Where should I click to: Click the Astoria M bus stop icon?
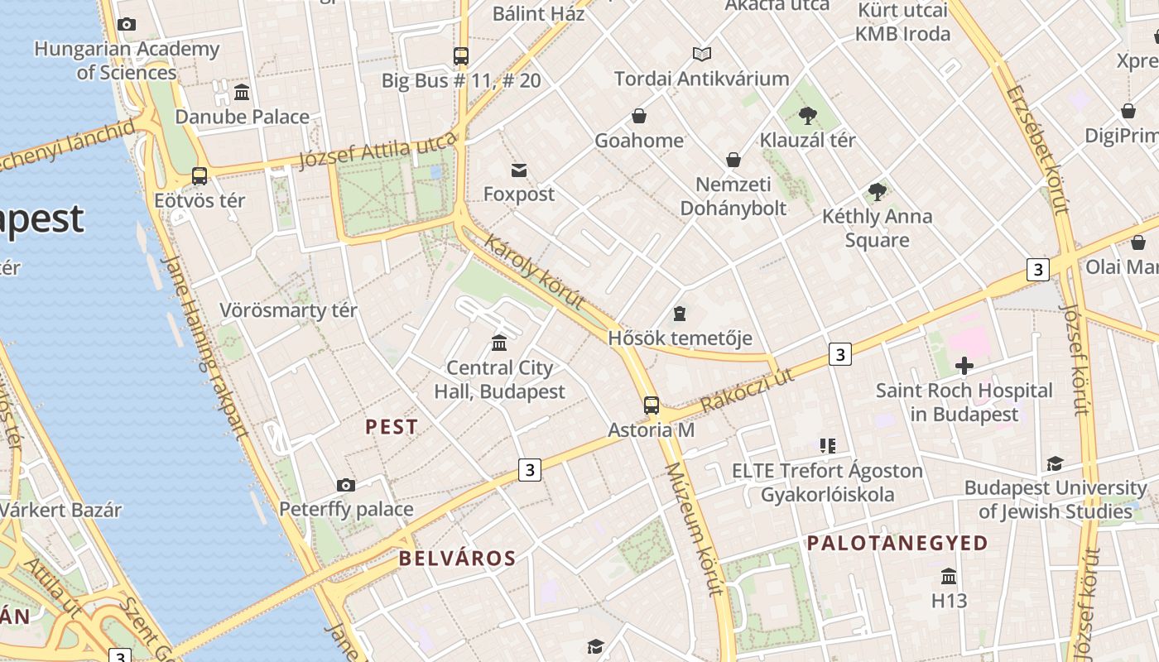tap(652, 405)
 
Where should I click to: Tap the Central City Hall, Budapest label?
tap(499, 380)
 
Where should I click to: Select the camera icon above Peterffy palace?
tap(346, 485)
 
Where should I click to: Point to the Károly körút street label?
tap(534, 271)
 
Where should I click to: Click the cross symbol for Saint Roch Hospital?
tap(964, 365)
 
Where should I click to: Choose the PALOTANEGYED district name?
tap(897, 543)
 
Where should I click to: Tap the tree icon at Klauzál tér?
tap(808, 116)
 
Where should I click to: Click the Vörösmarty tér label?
tap(288, 310)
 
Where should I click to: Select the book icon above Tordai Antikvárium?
tap(702, 55)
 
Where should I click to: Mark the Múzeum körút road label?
tap(695, 529)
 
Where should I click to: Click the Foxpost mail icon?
tap(519, 170)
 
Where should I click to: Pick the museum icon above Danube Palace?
tap(242, 92)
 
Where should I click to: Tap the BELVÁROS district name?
tap(457, 558)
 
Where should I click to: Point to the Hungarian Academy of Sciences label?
tap(127, 60)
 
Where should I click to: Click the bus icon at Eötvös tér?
tap(200, 176)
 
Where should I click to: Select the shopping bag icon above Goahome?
tap(639, 116)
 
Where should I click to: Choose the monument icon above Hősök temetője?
tap(680, 314)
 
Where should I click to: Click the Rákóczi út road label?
tap(747, 390)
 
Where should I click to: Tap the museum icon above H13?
tap(949, 576)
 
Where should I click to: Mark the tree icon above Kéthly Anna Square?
tap(878, 192)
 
